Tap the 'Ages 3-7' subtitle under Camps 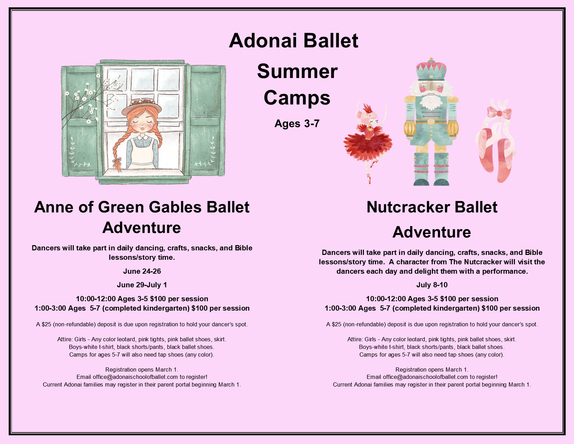point(297,124)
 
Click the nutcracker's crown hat point(431,70)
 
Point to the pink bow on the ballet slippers point(499,113)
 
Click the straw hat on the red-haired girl point(142,106)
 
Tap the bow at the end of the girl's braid point(117,160)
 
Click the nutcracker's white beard point(431,101)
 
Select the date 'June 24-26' point(142,271)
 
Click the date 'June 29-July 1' point(142,285)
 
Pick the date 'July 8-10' point(432,285)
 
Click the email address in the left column point(135,377)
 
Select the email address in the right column point(425,377)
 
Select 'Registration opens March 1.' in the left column point(142,369)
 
